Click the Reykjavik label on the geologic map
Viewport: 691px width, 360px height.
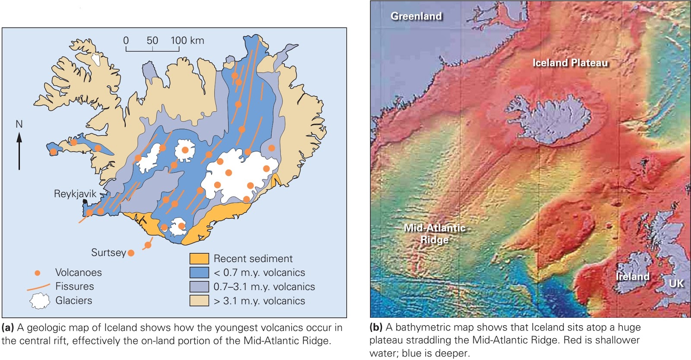click(75, 194)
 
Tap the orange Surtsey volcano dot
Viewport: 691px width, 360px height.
click(131, 253)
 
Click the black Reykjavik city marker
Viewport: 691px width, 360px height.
click(85, 202)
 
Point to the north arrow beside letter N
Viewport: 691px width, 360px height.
click(19, 151)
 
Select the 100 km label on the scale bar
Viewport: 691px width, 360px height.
click(187, 41)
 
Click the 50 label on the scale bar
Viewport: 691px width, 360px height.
click(152, 41)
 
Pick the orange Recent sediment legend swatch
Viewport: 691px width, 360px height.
click(199, 259)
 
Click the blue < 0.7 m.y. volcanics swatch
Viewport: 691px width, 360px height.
click(199, 272)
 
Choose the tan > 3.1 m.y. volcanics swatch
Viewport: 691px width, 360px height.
click(199, 300)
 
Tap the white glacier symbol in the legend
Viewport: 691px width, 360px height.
click(40, 300)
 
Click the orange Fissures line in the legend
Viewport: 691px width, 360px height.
click(38, 287)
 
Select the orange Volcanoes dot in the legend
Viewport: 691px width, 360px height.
click(38, 273)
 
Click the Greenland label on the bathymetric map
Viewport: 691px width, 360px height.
click(416, 16)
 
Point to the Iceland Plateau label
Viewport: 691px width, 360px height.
click(570, 63)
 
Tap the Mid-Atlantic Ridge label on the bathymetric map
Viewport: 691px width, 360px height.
click(434, 234)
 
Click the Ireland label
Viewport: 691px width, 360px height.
click(632, 276)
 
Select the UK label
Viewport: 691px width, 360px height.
click(676, 283)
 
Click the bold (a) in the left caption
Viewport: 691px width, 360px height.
click(8, 328)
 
